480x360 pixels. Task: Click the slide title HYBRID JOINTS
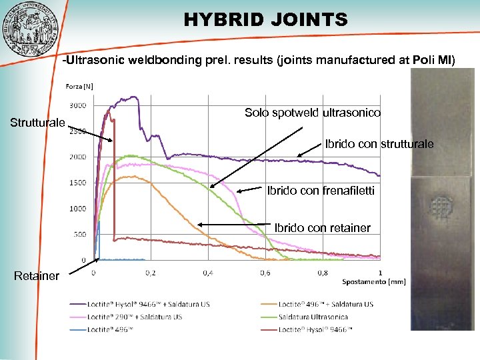[266, 20]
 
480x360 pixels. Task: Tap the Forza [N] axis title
[79, 86]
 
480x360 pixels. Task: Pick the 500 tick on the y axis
[79, 234]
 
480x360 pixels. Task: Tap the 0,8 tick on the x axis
[322, 272]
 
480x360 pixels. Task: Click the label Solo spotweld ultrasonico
[313, 113]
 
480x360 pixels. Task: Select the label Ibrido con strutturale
[379, 144]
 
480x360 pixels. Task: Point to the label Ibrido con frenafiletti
[321, 191]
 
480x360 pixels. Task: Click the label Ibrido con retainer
[322, 228]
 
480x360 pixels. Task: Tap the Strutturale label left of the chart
[37, 123]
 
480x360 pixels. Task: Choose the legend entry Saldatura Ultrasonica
[313, 317]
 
